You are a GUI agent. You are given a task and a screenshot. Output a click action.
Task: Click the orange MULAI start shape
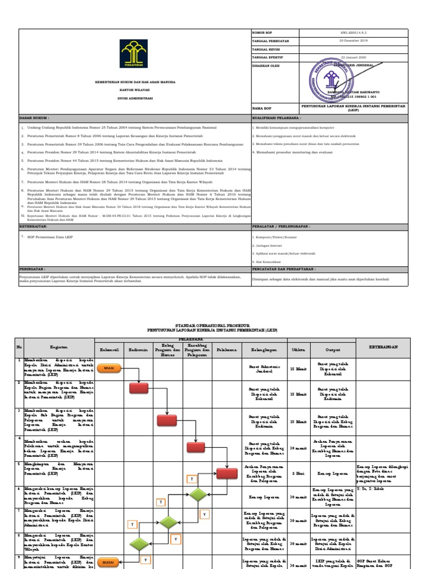tap(106, 367)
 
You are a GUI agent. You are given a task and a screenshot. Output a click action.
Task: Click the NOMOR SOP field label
tap(262, 33)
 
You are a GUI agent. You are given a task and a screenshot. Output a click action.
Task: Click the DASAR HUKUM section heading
tap(35, 118)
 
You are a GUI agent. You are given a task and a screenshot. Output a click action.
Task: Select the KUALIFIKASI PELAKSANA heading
tap(276, 118)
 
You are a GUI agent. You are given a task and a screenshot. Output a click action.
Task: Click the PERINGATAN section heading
tap(32, 268)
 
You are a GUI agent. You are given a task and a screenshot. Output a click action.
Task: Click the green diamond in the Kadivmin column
tap(138, 543)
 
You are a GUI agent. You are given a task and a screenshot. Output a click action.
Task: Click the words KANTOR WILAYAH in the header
tap(135, 89)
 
